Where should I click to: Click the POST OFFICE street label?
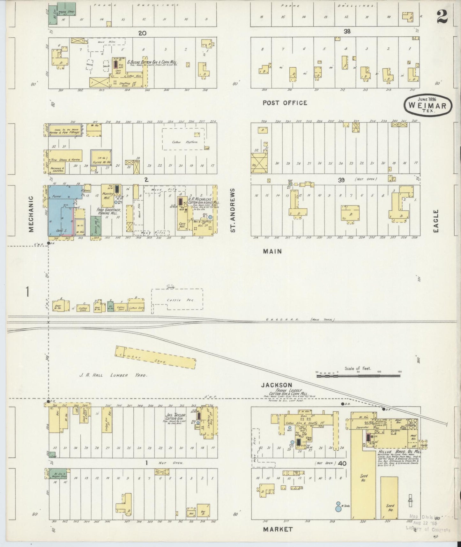point(285,103)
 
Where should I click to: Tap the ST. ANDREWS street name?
point(233,210)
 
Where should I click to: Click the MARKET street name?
point(277,529)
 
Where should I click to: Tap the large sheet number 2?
point(442,17)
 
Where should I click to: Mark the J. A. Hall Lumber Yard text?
point(113,375)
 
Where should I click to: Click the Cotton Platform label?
point(185,142)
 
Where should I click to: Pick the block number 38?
point(347,32)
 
